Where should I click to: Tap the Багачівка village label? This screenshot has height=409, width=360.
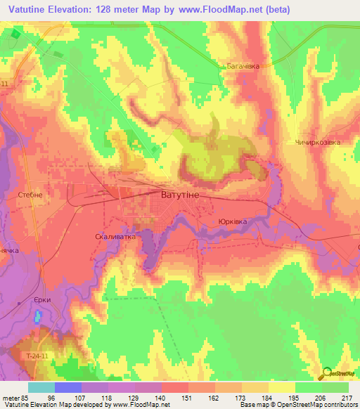243,66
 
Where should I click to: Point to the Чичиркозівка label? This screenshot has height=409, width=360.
317,142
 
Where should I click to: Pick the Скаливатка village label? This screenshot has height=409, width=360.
115,237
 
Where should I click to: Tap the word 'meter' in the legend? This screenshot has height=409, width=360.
11,396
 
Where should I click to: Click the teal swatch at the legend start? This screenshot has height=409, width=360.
41,387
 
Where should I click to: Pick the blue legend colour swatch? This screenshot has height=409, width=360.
68,387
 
